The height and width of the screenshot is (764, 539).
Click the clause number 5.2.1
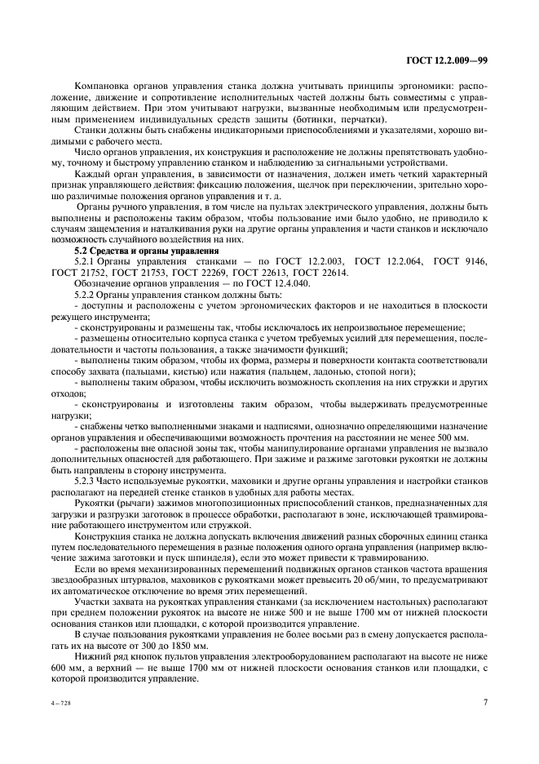[x=86, y=261]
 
